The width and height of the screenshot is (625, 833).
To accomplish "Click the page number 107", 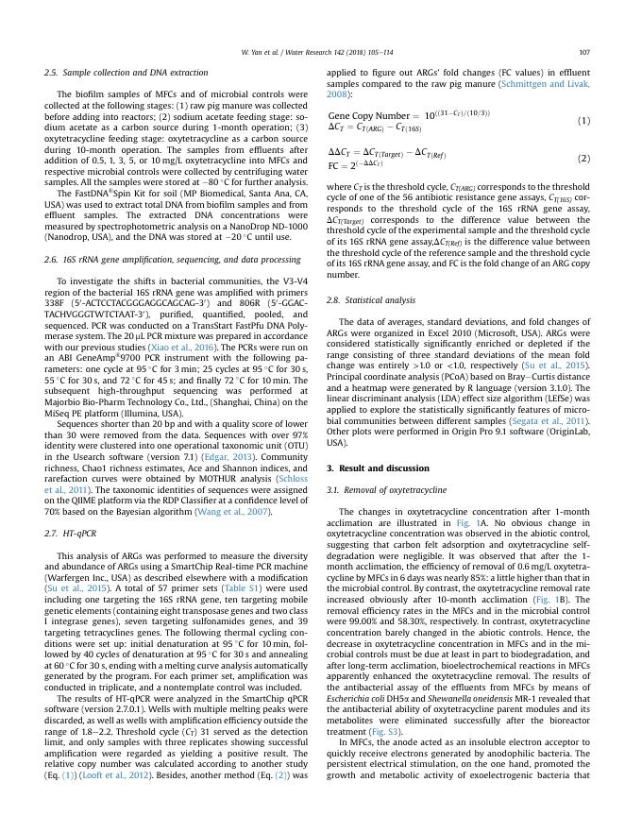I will point(584,53).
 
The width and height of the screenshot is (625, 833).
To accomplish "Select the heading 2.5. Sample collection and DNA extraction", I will point(126,72).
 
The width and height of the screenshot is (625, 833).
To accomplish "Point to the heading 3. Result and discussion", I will point(378,468).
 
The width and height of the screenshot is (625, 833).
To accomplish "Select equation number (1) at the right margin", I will point(583,120).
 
